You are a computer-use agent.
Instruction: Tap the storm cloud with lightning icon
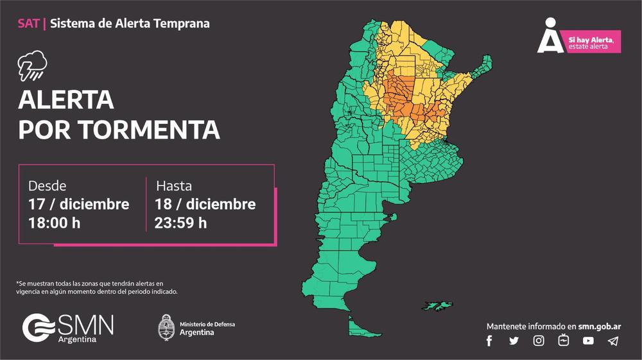tap(32, 65)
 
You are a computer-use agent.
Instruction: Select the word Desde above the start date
tap(47, 186)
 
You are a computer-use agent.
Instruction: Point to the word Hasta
tap(174, 186)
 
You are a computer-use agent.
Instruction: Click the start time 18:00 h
tap(55, 223)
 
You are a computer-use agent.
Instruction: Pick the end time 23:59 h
tap(180, 223)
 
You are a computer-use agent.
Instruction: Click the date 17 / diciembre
tap(78, 204)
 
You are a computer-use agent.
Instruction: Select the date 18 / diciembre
tap(205, 204)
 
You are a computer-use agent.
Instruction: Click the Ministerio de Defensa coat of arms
tap(167, 327)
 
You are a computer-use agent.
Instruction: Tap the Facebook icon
tap(489, 341)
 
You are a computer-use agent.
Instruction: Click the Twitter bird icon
tap(514, 341)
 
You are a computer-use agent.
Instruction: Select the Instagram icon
tap(539, 341)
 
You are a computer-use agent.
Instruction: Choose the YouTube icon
tap(588, 341)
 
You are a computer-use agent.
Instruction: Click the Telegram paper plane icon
tap(613, 341)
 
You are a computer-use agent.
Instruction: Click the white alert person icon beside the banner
tap(549, 37)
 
